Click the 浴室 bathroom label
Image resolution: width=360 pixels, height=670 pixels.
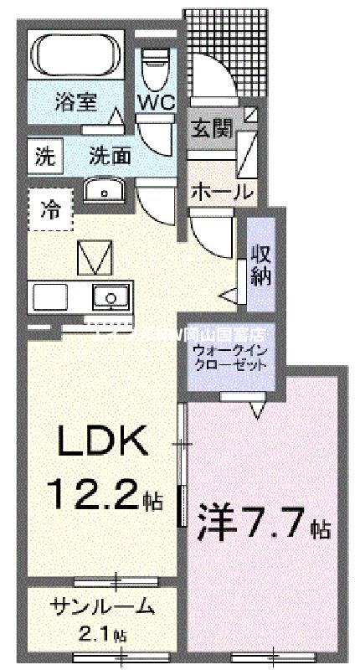[x=75, y=103]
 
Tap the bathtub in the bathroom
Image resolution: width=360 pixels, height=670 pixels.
[x=80, y=54]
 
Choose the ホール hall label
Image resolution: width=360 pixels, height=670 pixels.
[x=222, y=191]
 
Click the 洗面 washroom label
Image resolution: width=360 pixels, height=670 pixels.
[x=110, y=155]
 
